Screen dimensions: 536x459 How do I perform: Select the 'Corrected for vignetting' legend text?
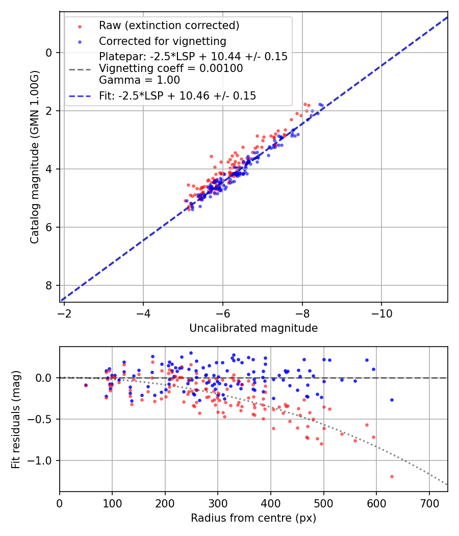click(162, 41)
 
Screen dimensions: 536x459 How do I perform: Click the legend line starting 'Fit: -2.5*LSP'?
click(177, 95)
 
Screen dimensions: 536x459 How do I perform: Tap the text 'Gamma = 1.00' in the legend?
click(139, 80)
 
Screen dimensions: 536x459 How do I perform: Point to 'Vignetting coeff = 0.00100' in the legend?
click(171, 68)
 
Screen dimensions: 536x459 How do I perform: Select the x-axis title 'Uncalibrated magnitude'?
click(253, 328)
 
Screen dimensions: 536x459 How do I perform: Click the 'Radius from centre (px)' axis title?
click(253, 518)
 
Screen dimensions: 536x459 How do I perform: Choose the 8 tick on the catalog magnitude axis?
click(49, 285)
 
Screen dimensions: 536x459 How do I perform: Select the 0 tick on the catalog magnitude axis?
click(49, 53)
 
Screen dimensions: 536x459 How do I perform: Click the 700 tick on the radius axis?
click(429, 503)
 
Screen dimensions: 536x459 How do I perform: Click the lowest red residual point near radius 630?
click(392, 476)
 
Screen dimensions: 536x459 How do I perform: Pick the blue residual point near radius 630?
click(392, 400)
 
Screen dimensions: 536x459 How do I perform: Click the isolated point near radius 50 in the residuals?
click(86, 385)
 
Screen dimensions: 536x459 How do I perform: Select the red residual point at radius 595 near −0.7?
click(373, 437)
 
